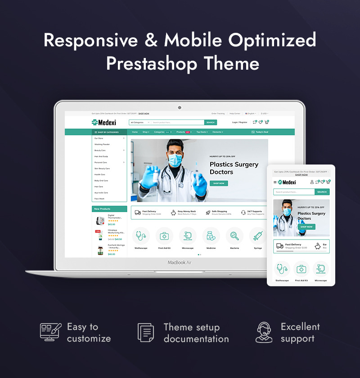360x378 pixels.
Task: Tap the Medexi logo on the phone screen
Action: pyautogui.click(x=288, y=182)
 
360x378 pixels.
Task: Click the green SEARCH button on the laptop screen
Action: pyautogui.click(x=211, y=122)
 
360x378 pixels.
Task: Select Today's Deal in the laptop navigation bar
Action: pyautogui.click(x=260, y=132)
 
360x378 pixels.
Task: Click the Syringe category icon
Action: pyautogui.click(x=258, y=236)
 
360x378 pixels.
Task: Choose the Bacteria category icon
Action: pyautogui.click(x=234, y=236)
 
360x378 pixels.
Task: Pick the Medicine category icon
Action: pyautogui.click(x=211, y=236)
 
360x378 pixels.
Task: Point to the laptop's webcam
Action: pyautogui.click(x=180, y=107)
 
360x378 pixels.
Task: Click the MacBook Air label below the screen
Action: pyautogui.click(x=180, y=262)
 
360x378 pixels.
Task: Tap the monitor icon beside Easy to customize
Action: pyautogui.click(x=49, y=332)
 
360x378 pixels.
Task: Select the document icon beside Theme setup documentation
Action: pyautogui.click(x=145, y=333)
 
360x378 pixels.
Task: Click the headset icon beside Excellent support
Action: pyautogui.click(x=264, y=332)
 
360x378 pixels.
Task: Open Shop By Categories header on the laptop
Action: pyautogui.click(x=108, y=132)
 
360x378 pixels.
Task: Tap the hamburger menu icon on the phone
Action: pyautogui.click(x=275, y=182)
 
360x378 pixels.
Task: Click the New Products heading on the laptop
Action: pyautogui.click(x=102, y=209)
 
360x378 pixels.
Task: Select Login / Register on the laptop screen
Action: pyautogui.click(x=239, y=122)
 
